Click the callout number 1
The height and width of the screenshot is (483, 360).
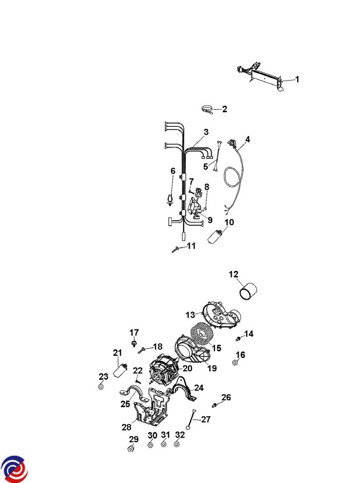(x=297, y=80)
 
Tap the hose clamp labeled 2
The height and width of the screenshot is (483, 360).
(x=207, y=110)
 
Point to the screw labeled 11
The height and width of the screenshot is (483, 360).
(x=176, y=249)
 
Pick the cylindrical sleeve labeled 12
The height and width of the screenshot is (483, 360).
(x=248, y=291)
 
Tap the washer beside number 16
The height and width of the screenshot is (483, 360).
(x=235, y=363)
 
